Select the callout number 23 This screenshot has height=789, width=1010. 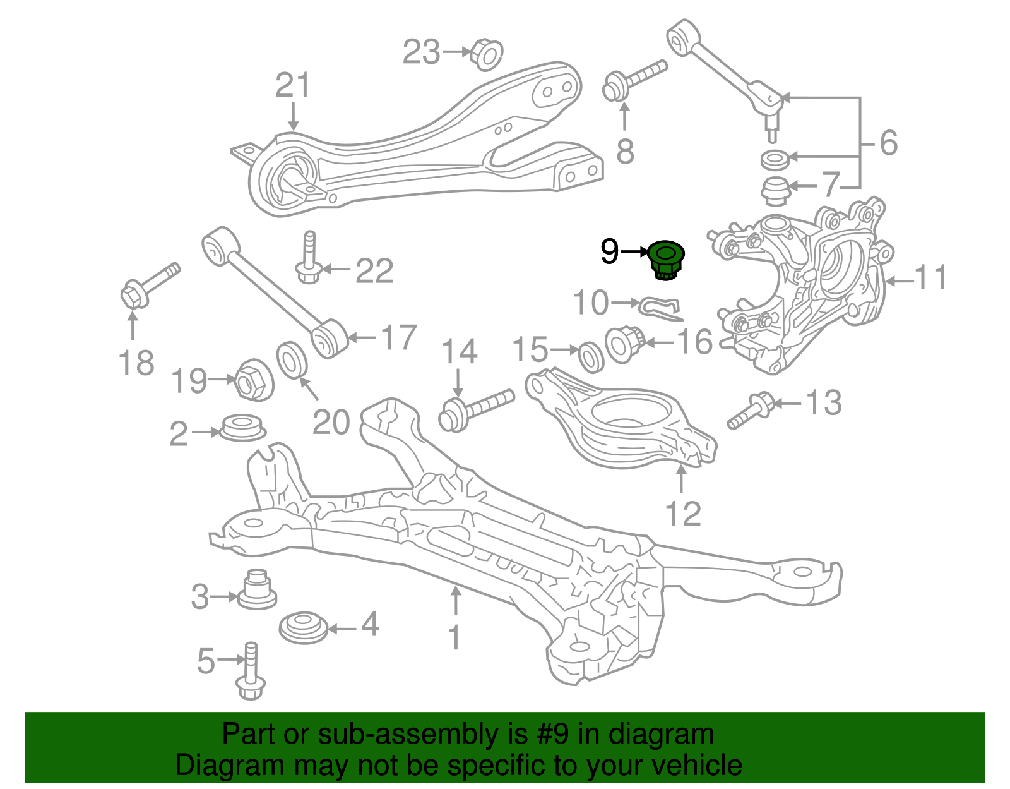(x=421, y=52)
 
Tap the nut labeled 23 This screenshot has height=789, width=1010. (x=487, y=54)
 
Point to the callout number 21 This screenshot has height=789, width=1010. (x=293, y=85)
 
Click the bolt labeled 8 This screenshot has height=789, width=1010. (x=631, y=80)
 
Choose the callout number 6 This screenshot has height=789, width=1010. (x=888, y=143)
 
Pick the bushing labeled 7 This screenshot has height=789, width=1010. (x=774, y=191)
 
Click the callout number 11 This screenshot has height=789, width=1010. (x=930, y=277)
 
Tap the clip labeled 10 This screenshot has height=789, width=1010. (x=659, y=307)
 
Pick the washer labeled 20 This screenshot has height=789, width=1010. (x=292, y=359)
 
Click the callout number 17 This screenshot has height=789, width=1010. (x=399, y=337)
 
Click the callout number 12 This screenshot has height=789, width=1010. (x=683, y=514)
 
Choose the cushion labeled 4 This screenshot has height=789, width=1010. (x=303, y=627)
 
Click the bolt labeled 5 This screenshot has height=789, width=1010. (x=251, y=673)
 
